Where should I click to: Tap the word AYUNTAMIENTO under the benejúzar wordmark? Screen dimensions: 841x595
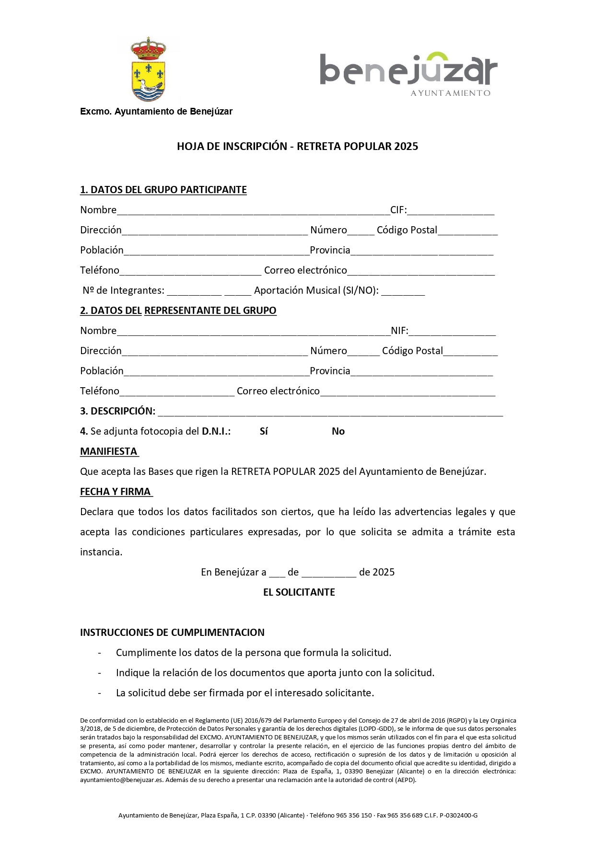click(450, 93)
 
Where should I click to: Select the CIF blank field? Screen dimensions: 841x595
click(450, 210)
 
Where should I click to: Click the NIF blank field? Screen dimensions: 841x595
click(452, 331)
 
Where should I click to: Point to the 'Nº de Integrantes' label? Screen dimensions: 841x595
click(123, 290)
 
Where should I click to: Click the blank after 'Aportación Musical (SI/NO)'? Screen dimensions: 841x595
click(403, 291)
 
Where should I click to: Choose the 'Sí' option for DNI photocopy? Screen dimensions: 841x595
click(264, 431)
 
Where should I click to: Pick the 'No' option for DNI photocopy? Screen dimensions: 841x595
click(338, 431)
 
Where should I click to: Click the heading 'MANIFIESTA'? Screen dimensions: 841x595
click(109, 451)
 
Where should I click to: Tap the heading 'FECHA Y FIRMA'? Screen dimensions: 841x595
click(116, 492)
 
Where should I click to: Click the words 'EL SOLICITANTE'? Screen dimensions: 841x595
click(299, 592)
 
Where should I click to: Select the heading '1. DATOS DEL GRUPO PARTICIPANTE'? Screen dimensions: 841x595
click(163, 190)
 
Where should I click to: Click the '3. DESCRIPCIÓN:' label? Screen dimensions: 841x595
click(117, 411)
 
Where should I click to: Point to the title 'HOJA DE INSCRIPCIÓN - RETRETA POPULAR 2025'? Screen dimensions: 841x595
click(297, 147)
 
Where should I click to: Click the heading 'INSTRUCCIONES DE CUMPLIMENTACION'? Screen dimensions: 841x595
click(172, 633)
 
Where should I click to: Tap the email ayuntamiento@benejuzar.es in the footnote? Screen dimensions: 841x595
click(121, 780)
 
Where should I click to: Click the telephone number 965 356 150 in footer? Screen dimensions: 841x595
click(354, 815)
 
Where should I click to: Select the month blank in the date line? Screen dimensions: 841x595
click(329, 572)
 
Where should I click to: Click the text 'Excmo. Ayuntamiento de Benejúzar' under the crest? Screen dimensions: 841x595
click(156, 112)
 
